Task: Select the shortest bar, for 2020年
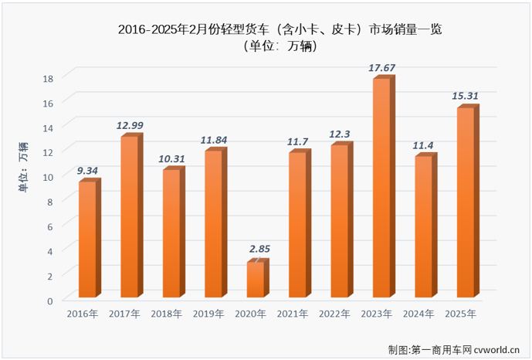256,280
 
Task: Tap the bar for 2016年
87,239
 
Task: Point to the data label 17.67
382,68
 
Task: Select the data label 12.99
130,125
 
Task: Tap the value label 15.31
466,97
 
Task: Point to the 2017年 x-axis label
125,314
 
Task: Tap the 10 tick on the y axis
48,176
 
